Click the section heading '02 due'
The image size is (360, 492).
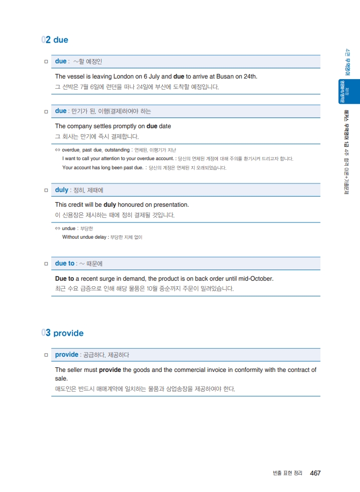(55, 40)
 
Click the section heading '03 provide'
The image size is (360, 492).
(63, 333)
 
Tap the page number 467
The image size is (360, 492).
(315, 473)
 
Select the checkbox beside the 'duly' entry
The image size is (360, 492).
(46, 190)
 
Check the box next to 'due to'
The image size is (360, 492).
(46, 264)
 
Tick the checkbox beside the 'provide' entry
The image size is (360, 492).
(46, 355)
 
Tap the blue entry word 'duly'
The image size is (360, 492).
(61, 190)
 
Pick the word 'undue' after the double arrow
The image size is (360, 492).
(69, 229)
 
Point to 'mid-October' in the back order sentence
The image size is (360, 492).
(254, 279)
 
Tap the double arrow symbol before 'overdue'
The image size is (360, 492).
(58, 150)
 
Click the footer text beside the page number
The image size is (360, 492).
(287, 473)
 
